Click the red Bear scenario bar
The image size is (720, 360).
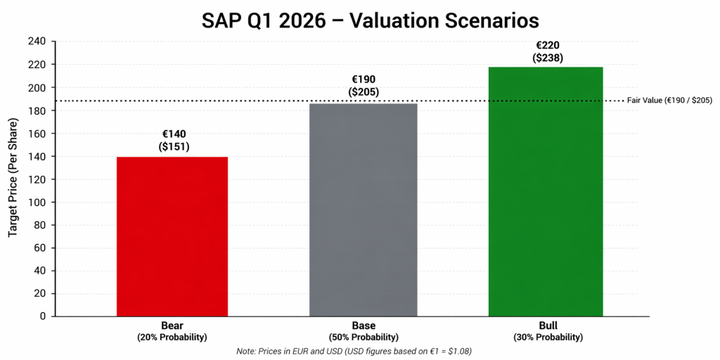(172, 236)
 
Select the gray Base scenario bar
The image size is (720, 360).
(364, 210)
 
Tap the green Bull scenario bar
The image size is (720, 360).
(546, 191)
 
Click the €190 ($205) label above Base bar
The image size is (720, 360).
(364, 86)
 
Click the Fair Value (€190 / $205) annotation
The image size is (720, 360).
(669, 101)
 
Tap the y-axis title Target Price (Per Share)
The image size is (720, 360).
(13, 179)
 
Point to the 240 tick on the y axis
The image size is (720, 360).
(37, 41)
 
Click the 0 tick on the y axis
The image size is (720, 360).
(42, 316)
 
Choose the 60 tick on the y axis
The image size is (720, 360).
(39, 247)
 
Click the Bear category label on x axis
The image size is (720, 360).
(172, 326)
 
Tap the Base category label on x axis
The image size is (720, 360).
(364, 326)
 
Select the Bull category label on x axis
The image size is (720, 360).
(546, 326)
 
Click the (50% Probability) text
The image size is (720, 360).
(364, 337)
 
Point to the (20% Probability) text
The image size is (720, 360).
(172, 337)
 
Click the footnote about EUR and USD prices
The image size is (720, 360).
(359, 351)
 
